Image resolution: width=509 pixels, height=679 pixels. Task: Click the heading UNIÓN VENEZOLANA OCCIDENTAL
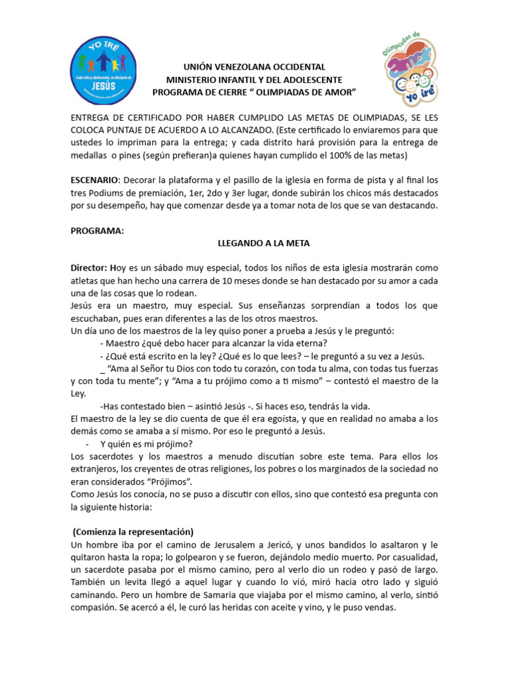[x=254, y=67]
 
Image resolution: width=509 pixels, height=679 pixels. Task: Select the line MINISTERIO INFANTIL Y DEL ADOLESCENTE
[x=254, y=79]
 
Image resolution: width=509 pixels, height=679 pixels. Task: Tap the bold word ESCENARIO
[x=94, y=180]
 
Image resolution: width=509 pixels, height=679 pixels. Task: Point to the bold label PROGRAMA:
[x=97, y=231]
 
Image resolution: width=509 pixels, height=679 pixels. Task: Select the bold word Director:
[x=89, y=269]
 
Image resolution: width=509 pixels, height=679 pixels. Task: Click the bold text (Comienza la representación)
[x=133, y=532]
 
